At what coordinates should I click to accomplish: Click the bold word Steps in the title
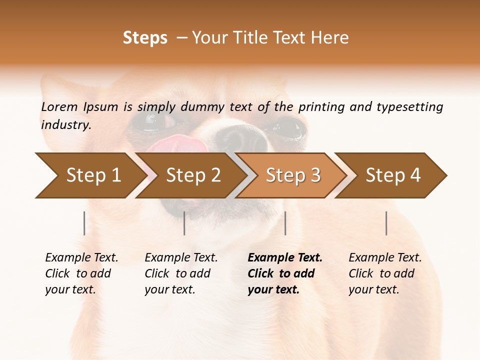pyautogui.click(x=145, y=38)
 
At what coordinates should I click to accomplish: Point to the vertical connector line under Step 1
pyautogui.click(x=84, y=223)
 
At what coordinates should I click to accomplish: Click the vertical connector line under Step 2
pyautogui.click(x=184, y=223)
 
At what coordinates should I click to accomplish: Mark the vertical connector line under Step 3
pyautogui.click(x=285, y=223)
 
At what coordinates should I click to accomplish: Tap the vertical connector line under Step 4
pyautogui.click(x=386, y=223)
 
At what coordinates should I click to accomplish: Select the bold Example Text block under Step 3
pyautogui.click(x=285, y=273)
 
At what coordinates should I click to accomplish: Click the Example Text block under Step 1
pyautogui.click(x=81, y=273)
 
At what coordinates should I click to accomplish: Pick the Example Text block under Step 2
pyautogui.click(x=181, y=273)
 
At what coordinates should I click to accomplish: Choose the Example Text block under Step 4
pyautogui.click(x=385, y=273)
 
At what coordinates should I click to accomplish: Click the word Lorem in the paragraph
pyautogui.click(x=59, y=106)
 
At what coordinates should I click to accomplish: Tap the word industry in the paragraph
pyautogui.click(x=65, y=125)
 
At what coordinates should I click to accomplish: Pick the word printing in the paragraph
pyautogui.click(x=320, y=107)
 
